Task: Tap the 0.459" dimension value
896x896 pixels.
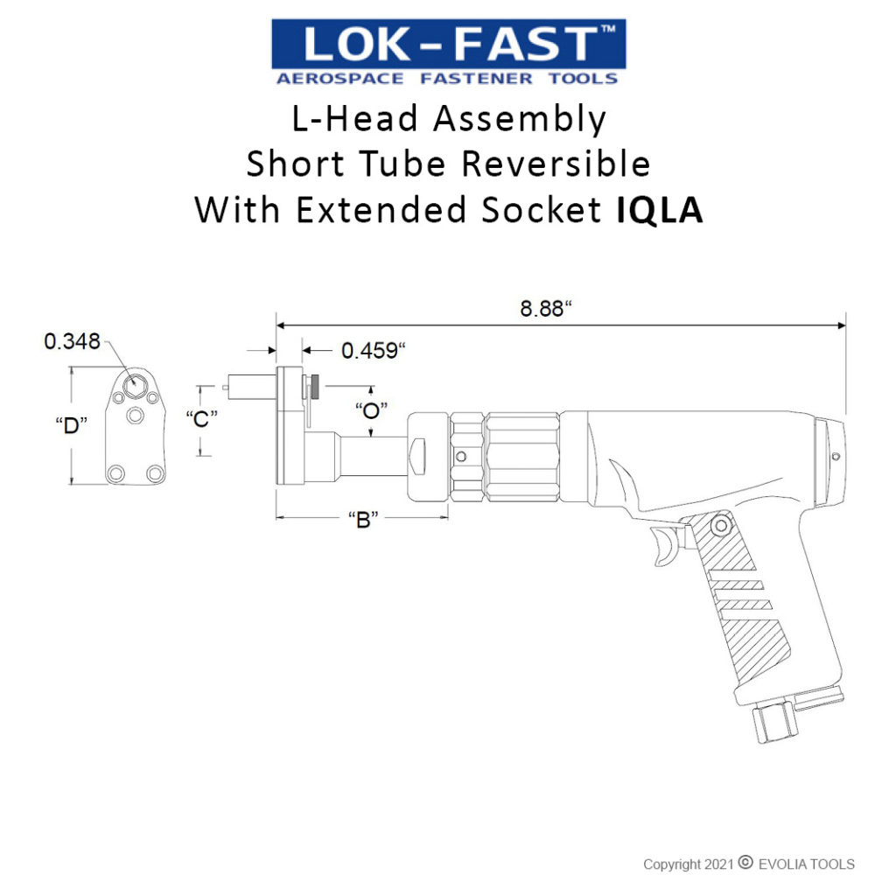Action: (x=374, y=351)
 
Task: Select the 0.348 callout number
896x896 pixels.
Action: (x=72, y=340)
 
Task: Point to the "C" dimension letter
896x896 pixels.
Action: (x=202, y=419)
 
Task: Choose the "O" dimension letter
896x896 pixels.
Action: (x=371, y=409)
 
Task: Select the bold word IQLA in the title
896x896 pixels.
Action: (x=654, y=211)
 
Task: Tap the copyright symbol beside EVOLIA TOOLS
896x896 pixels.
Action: (x=745, y=863)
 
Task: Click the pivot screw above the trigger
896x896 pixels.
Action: (x=721, y=524)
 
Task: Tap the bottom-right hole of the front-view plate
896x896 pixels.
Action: (x=155, y=473)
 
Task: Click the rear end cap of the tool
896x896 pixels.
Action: (x=831, y=463)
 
